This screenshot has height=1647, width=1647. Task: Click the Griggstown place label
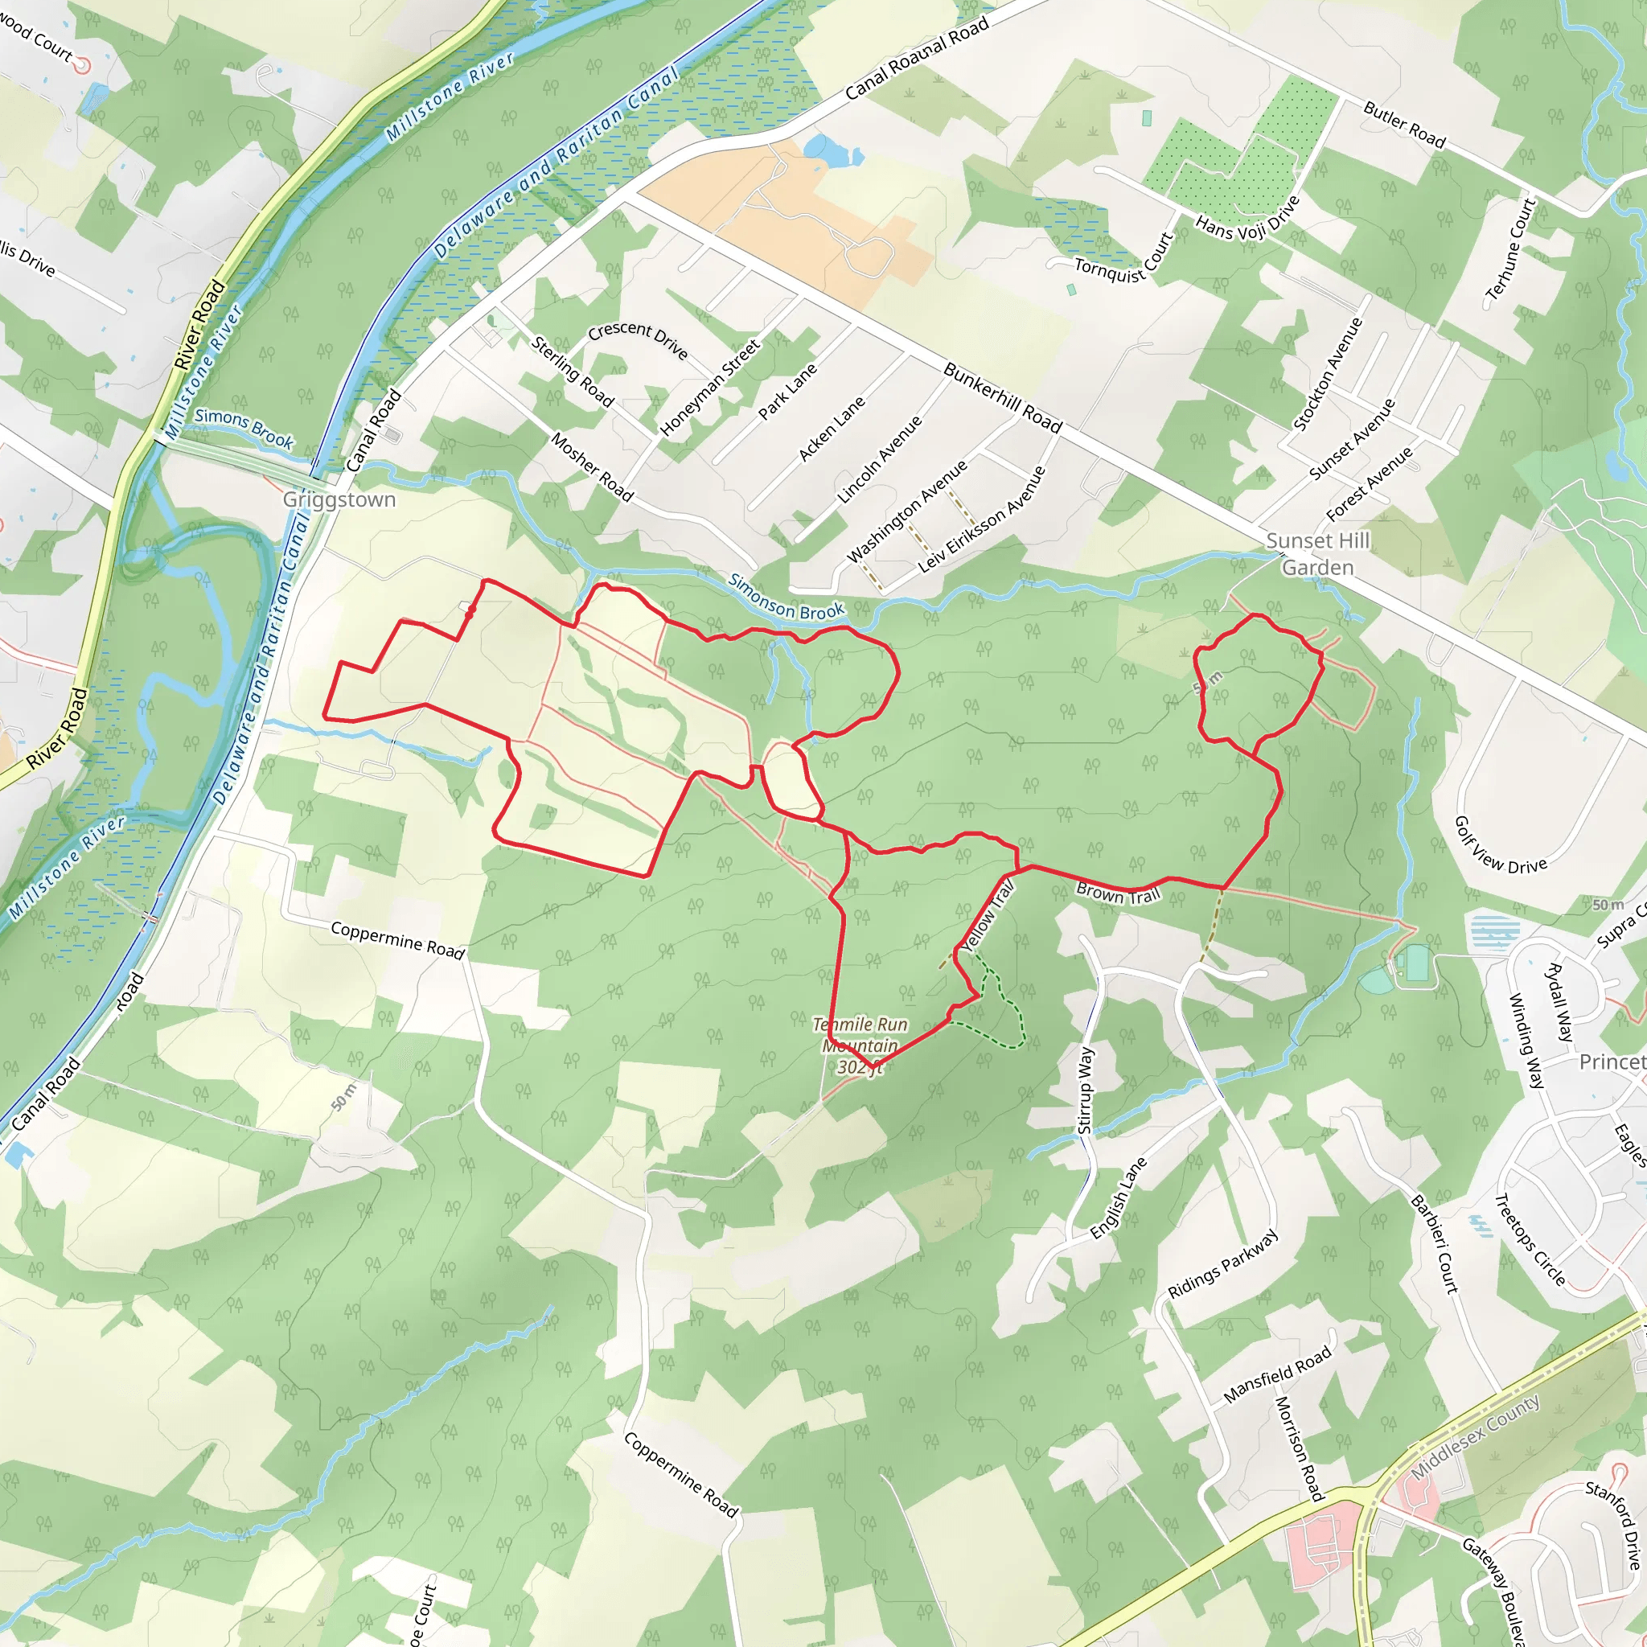click(339, 499)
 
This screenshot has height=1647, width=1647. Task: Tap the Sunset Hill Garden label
click(1317, 554)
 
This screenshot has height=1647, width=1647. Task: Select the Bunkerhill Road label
click(1003, 397)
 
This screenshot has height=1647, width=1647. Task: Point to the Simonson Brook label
click(786, 598)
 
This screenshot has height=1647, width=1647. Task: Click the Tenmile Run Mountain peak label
click(860, 1046)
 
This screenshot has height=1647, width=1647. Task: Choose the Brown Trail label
click(1119, 893)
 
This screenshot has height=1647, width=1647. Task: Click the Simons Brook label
click(244, 428)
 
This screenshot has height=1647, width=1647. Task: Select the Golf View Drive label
click(1500, 846)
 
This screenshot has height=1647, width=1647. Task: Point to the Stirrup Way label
click(1084, 1090)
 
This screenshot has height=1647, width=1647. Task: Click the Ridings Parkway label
click(1222, 1263)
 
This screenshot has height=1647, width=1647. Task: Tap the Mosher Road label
click(593, 467)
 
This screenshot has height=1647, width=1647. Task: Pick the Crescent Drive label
click(638, 339)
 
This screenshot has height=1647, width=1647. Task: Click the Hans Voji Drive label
click(1248, 217)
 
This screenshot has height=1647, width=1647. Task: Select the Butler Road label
click(1404, 125)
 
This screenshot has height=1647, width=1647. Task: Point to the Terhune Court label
click(1510, 249)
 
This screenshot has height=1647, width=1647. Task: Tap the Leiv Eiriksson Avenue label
click(981, 520)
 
